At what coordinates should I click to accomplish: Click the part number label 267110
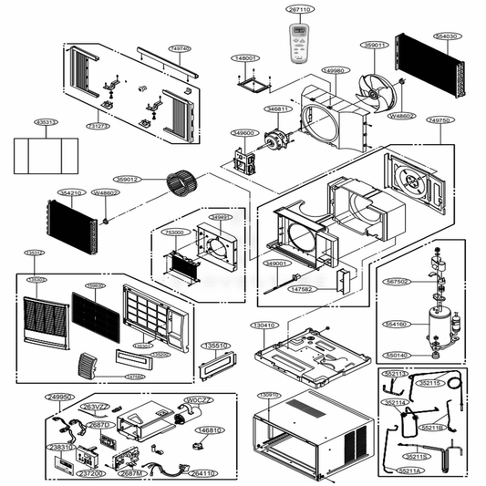pyautogui.click(x=300, y=9)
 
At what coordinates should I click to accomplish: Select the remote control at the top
pyautogui.click(x=300, y=43)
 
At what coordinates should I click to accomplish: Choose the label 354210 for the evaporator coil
pyautogui.click(x=71, y=193)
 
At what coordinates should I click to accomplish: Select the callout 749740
pyautogui.click(x=181, y=48)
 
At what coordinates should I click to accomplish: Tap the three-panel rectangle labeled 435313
pyautogui.click(x=46, y=121)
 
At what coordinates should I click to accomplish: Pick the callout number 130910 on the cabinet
pyautogui.click(x=268, y=395)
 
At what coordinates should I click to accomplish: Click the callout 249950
pyautogui.click(x=60, y=398)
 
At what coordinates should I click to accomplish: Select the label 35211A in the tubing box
pyautogui.click(x=410, y=470)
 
